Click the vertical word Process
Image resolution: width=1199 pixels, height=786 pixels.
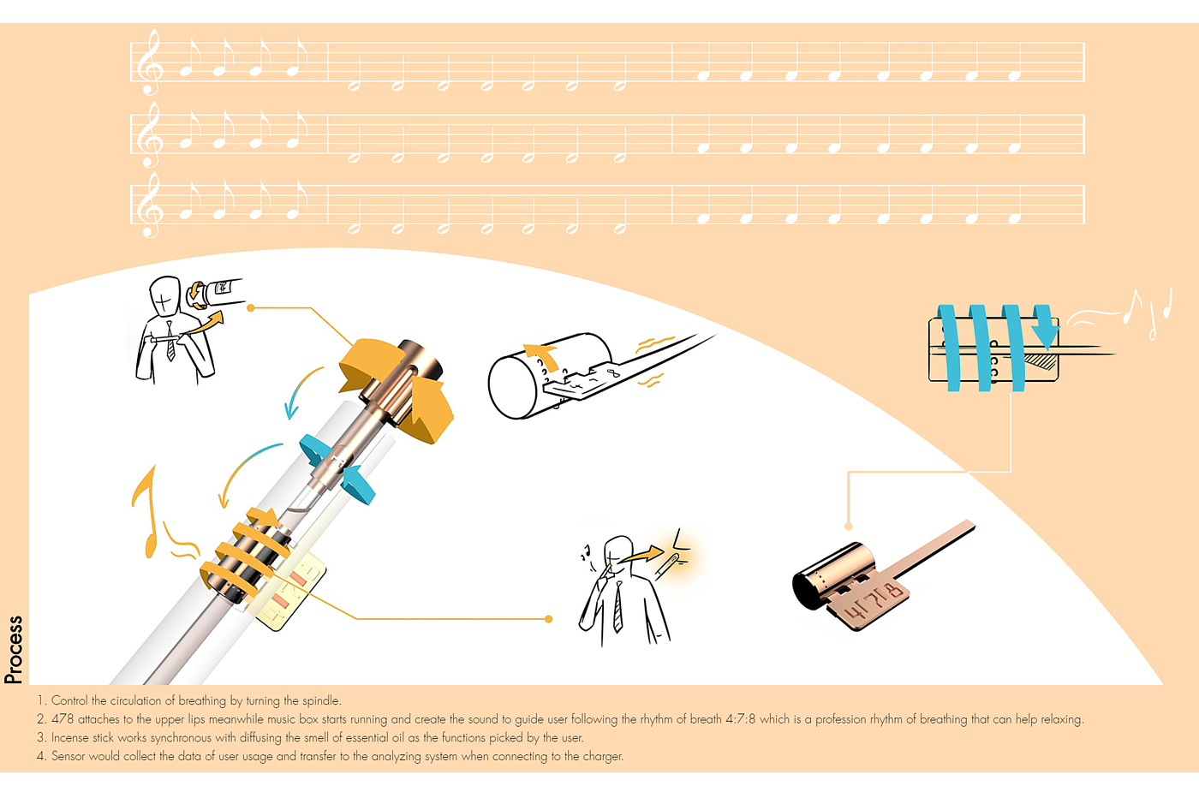(14, 649)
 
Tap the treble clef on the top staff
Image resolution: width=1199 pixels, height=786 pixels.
(149, 62)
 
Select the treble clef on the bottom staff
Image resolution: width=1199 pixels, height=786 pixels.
(149, 205)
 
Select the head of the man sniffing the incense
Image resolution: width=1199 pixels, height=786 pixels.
(618, 551)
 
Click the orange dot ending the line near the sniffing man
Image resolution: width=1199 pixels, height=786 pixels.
(548, 619)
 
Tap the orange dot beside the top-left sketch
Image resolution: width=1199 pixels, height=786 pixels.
(250, 307)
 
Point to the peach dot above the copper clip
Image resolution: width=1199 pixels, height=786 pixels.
(848, 527)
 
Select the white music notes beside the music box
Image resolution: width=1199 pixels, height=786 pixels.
(1148, 313)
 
